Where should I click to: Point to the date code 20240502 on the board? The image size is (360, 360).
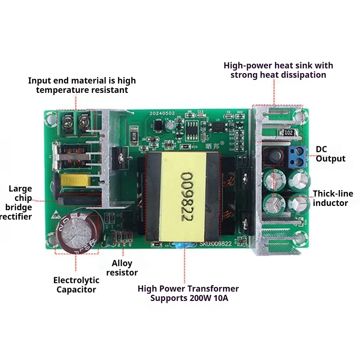coord(163,113)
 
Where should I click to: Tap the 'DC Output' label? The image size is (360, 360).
coord(330,154)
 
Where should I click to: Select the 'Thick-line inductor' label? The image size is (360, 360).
coord(333,198)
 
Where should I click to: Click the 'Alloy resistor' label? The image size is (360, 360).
coord(122,268)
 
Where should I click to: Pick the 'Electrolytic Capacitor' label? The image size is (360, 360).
coord(76,285)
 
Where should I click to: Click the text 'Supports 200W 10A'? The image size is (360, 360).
coord(189,298)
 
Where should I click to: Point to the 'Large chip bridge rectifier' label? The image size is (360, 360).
coord(20,202)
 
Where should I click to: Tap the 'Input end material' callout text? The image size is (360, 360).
coord(82,85)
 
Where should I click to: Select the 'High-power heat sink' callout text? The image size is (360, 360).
coord(278,70)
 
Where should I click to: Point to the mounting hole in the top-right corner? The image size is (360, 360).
coord(297,116)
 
